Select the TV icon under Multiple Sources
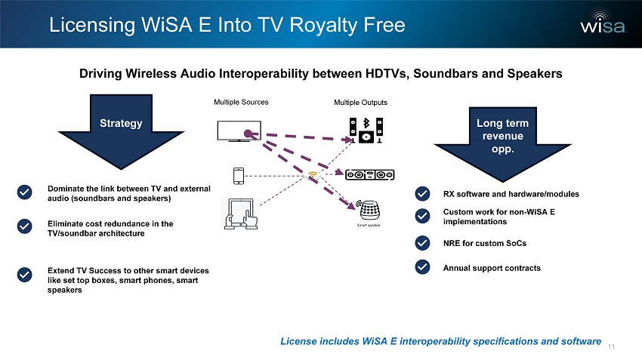(x=238, y=131)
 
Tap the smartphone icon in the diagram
(x=239, y=175)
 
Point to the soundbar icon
(x=370, y=175)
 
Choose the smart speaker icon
(x=370, y=206)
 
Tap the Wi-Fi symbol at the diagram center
(x=313, y=176)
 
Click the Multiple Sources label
(x=241, y=101)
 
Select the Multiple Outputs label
(x=360, y=101)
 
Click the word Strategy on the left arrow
(x=122, y=123)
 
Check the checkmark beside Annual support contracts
(x=423, y=267)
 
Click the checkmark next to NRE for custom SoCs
(x=423, y=242)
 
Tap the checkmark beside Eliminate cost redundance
(x=24, y=226)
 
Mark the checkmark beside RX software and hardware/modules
(x=423, y=194)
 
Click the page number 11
(x=612, y=346)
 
